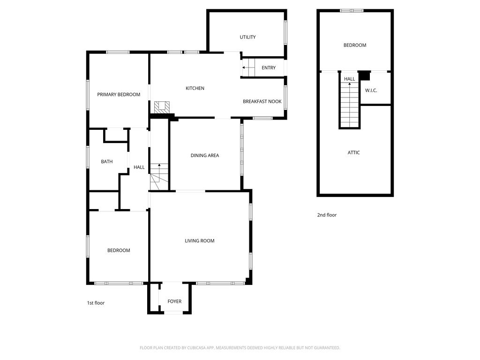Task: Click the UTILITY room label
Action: coord(247,37)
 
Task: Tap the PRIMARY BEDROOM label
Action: coord(119,94)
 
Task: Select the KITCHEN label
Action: coord(195,88)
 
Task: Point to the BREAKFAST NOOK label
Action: coord(262,101)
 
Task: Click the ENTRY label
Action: coord(269,68)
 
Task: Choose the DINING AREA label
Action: coord(205,156)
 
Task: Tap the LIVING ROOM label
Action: coord(200,241)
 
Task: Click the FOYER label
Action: coord(174,301)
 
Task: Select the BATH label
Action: coord(107,162)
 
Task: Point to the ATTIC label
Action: coord(354,152)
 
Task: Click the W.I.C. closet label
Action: coord(371,90)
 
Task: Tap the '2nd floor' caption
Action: coord(327,215)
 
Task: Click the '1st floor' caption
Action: coord(96,303)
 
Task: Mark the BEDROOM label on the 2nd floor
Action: coord(355,45)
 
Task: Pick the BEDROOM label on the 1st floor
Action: coord(119,250)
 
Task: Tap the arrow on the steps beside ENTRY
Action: coord(244,68)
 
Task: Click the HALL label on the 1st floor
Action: coord(139,167)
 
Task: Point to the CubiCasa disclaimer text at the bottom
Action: coord(240,348)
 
